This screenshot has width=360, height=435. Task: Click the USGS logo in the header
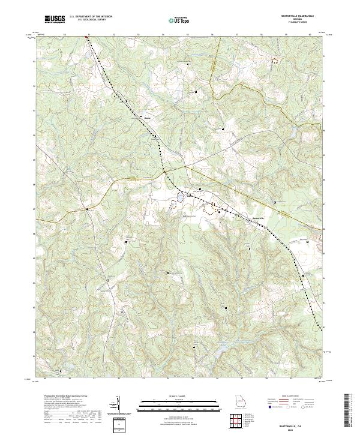[55, 19]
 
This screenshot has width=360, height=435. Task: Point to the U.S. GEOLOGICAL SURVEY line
[91, 20]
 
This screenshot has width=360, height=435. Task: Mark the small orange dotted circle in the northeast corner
[277, 61]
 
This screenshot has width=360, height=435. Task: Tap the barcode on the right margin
[348, 411]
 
